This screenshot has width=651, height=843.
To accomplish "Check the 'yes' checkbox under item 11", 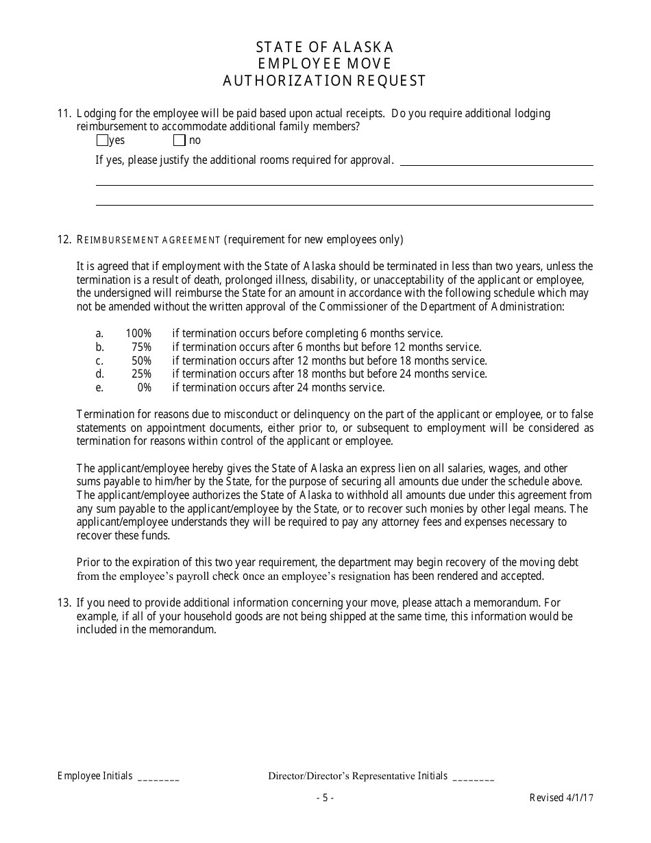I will click(x=102, y=140).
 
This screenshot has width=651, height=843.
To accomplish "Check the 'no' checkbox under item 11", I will click(x=180, y=140).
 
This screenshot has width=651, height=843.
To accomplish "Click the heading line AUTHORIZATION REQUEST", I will click(x=325, y=81).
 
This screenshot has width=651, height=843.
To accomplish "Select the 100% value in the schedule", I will click(x=138, y=334).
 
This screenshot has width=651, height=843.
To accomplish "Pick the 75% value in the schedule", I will click(x=141, y=347).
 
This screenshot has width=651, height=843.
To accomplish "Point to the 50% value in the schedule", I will click(x=141, y=361).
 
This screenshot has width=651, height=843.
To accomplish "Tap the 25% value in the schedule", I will click(x=141, y=374).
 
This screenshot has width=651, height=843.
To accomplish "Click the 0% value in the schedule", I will click(x=144, y=388).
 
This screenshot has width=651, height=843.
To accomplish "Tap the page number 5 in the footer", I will click(x=325, y=798).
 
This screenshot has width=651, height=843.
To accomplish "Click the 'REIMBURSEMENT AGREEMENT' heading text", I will click(x=149, y=240).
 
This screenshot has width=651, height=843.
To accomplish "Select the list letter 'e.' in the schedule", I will click(x=99, y=388).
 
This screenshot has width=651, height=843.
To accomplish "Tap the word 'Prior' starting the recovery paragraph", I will click(x=88, y=563).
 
